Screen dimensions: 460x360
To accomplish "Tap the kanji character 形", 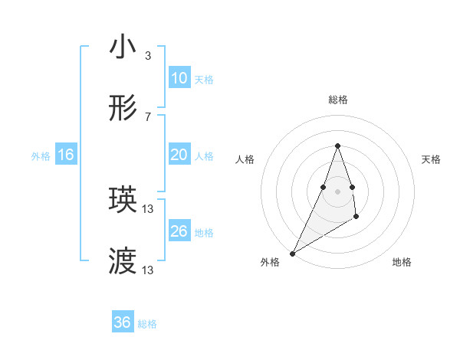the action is point(123,110).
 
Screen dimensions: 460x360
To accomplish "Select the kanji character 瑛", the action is point(123,201).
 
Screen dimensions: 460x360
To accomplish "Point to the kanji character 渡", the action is point(123,260).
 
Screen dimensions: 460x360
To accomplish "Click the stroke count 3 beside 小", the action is point(148,56).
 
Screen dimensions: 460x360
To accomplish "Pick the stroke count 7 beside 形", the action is point(148,117).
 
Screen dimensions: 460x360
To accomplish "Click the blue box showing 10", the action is point(179,78).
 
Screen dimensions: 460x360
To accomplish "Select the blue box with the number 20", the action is point(179,155).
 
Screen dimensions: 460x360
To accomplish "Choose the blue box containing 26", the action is point(179,231).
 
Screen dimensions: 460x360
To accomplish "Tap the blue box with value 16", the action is point(66,155).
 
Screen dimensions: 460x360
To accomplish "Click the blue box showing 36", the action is point(123,322).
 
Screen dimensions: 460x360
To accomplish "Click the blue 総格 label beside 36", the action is point(147,324).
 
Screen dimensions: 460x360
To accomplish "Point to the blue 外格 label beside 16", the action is point(41,156).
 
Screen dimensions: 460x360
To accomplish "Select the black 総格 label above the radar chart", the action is point(337,100).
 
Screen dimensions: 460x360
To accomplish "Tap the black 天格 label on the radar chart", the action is point(432,159).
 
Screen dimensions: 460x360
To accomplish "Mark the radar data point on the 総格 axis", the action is point(337,146).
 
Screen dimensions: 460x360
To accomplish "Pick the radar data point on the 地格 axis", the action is point(356,218).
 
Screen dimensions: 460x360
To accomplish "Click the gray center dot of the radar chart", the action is point(337,191).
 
